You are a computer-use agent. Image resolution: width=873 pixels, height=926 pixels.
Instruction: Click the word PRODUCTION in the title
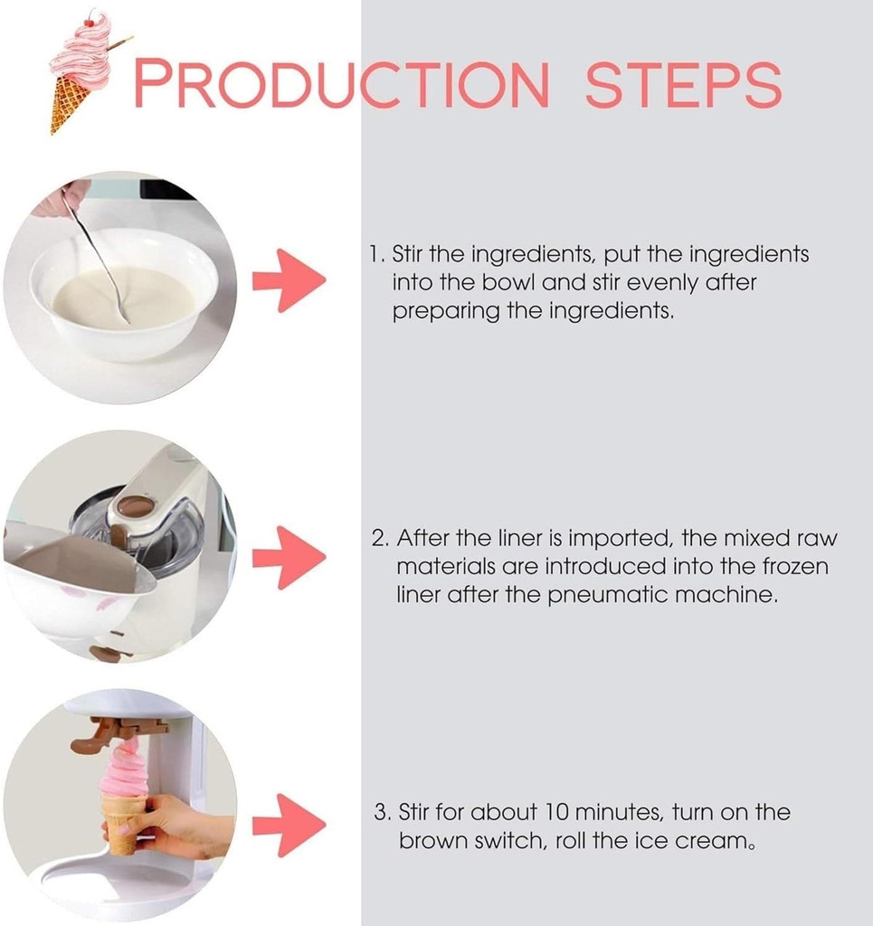point(341,84)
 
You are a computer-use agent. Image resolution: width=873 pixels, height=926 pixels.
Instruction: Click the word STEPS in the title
point(682,84)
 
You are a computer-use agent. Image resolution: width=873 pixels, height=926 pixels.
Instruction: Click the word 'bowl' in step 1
point(511,283)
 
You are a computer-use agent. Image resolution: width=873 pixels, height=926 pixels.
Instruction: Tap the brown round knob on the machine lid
point(135,506)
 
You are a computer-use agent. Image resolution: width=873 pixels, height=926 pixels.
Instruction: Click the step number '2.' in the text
point(381,539)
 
